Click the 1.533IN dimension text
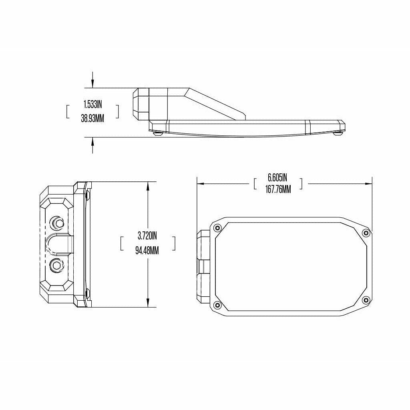click(92, 105)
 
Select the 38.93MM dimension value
click(92, 118)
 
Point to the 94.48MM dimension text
click(147, 251)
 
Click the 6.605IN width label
click(277, 177)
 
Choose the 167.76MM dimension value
click(277, 190)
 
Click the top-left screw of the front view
click(217, 228)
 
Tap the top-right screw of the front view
click(365, 233)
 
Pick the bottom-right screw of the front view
click(365, 300)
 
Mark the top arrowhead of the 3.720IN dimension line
click(148, 185)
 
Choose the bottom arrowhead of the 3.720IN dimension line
click(148, 303)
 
